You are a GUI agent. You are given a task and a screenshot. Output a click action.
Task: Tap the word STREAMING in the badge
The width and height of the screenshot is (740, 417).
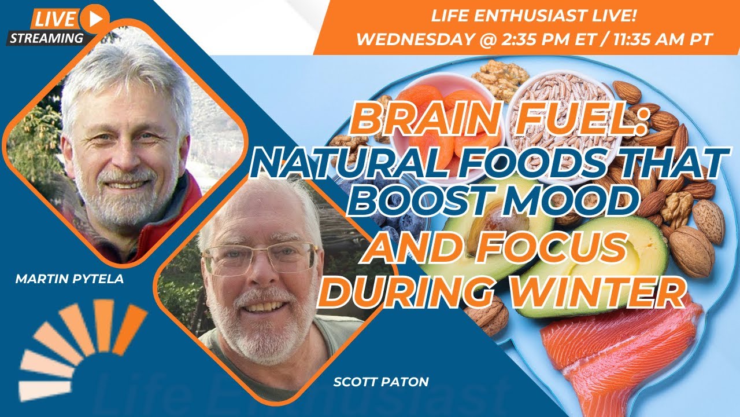[x=46, y=38]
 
